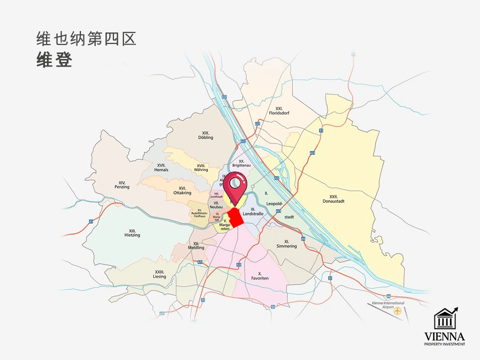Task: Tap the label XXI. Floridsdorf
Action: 279,110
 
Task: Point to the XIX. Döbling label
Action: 205,134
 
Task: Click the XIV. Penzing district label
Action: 121,184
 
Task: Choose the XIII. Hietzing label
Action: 132,232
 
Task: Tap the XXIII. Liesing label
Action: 159,274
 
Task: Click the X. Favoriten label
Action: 260,275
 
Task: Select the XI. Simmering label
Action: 287,244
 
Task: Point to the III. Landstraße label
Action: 253,211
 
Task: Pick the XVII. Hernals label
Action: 161,167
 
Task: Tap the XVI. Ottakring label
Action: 182,190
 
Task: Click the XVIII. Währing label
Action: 201,167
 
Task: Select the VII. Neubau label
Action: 216,205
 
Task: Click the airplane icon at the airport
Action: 398,310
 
